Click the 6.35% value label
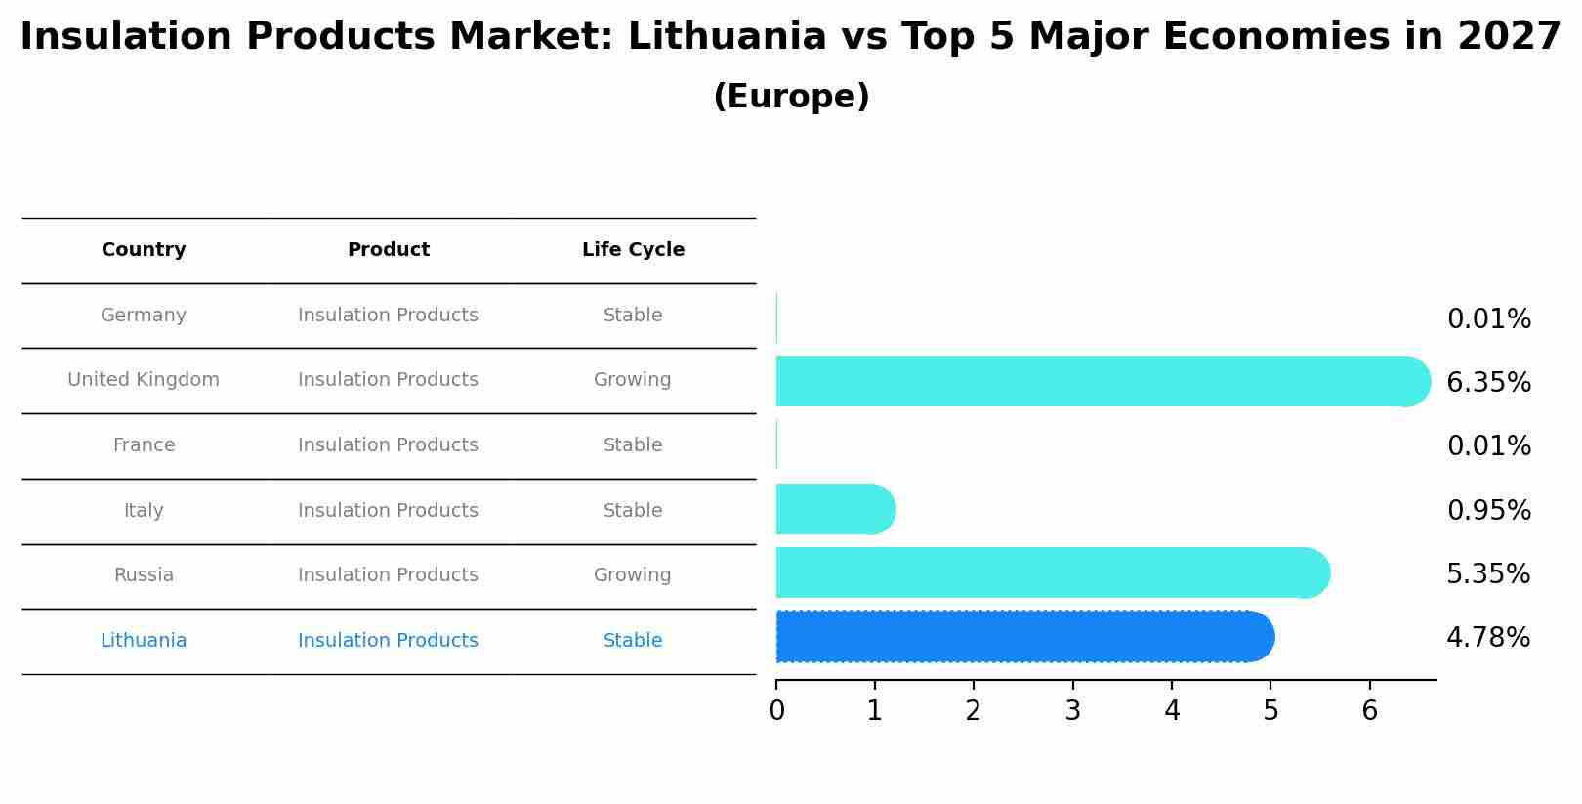pyautogui.click(x=1488, y=383)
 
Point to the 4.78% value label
pyautogui.click(x=1488, y=638)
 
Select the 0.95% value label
pyautogui.click(x=1488, y=511)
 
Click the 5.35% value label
pyautogui.click(x=1488, y=574)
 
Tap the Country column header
pyautogui.click(x=144, y=250)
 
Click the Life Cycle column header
pyautogui.click(x=633, y=250)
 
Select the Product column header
pyautogui.click(x=389, y=250)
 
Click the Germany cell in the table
pyautogui.click(x=144, y=316)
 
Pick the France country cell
pyautogui.click(x=144, y=445)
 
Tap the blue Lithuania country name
pyautogui.click(x=144, y=641)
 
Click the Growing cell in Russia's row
pyautogui.click(x=633, y=575)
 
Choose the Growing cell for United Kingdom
pyautogui.click(x=633, y=380)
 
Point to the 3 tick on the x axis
pyautogui.click(x=1072, y=711)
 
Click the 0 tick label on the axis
pyautogui.click(x=776, y=711)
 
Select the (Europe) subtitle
pyautogui.click(x=791, y=97)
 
